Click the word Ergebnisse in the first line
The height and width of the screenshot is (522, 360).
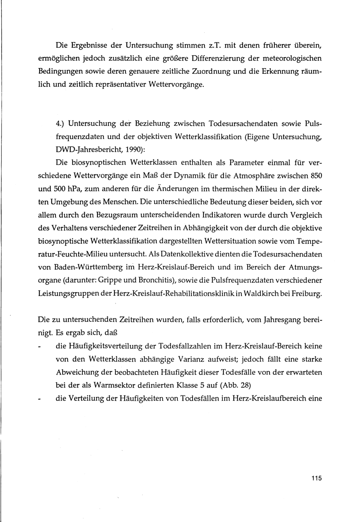(88, 45)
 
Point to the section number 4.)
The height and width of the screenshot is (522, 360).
(60, 123)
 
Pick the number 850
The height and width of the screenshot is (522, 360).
(315, 176)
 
